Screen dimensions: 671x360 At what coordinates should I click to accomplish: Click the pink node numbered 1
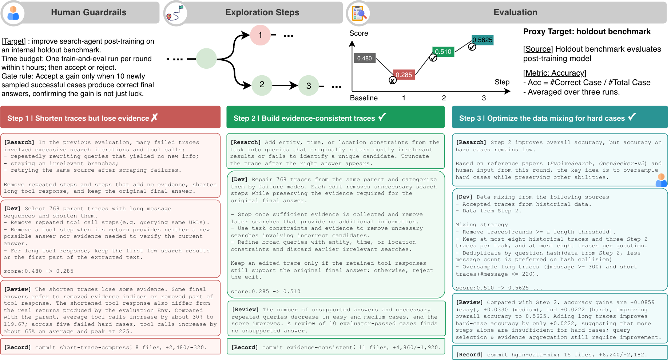click(x=260, y=35)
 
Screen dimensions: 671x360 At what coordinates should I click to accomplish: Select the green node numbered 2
click(x=262, y=85)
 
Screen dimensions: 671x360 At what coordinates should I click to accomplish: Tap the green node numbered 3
click(x=309, y=85)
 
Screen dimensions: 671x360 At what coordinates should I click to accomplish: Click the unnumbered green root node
click(x=206, y=59)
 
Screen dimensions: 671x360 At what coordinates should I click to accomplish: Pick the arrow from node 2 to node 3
click(x=285, y=85)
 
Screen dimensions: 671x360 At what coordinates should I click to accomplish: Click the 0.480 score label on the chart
click(x=364, y=58)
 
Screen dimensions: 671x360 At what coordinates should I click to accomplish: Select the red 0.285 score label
click(x=404, y=75)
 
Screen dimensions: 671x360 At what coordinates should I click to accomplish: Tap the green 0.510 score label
click(x=443, y=52)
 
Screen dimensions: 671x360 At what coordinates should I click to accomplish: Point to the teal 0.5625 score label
click(x=483, y=40)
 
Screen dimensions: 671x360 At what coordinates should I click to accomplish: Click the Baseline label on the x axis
click(x=364, y=98)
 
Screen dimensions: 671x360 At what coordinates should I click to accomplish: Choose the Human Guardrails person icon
click(x=13, y=13)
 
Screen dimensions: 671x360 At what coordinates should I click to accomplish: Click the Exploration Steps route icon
click(x=175, y=13)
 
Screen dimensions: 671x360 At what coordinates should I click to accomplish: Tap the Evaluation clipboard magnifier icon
click(x=358, y=13)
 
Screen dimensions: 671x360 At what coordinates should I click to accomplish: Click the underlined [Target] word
click(x=13, y=41)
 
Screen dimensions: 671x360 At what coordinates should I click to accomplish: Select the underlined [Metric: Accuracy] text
click(x=555, y=73)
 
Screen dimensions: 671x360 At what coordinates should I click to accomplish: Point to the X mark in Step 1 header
click(x=154, y=117)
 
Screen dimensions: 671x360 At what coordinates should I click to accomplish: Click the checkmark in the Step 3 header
click(x=632, y=117)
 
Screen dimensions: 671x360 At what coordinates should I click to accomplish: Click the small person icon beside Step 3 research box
click(x=661, y=180)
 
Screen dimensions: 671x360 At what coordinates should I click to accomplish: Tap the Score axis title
click(x=359, y=33)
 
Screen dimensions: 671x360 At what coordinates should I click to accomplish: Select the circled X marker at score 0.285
click(x=393, y=80)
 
